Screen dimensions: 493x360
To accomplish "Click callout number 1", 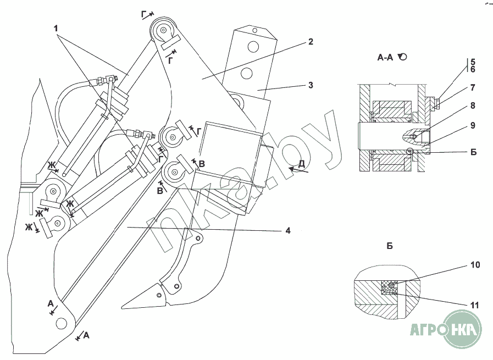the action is (x=56, y=29).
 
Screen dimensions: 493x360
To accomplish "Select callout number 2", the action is (x=311, y=42).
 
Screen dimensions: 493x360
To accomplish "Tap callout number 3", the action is (x=311, y=85).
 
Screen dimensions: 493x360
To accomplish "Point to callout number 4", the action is (x=288, y=230).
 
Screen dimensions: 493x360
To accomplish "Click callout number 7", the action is (x=473, y=62).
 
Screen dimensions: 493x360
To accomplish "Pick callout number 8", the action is (x=473, y=69).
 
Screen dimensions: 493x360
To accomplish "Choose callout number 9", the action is (x=473, y=88).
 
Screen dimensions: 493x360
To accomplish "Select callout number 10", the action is (x=473, y=106).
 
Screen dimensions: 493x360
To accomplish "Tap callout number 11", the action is (x=473, y=125).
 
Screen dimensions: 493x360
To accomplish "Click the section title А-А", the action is (x=475, y=265).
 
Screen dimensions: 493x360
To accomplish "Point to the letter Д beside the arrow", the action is (x=474, y=305).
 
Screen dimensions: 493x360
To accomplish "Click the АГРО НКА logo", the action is (x=446, y=330).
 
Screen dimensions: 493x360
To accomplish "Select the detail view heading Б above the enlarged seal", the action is (x=390, y=246).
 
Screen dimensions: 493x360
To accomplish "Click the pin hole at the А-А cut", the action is (x=61, y=323).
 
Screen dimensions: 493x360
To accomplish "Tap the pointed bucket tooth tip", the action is (x=123, y=307).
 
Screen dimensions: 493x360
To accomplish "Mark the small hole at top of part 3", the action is (x=255, y=31).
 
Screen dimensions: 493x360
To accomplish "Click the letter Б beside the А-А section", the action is (x=473, y=152).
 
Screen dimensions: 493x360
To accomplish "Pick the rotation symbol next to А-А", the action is (x=403, y=57).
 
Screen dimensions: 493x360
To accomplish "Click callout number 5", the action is (x=473, y=62).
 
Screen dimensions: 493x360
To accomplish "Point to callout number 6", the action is (x=473, y=69).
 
